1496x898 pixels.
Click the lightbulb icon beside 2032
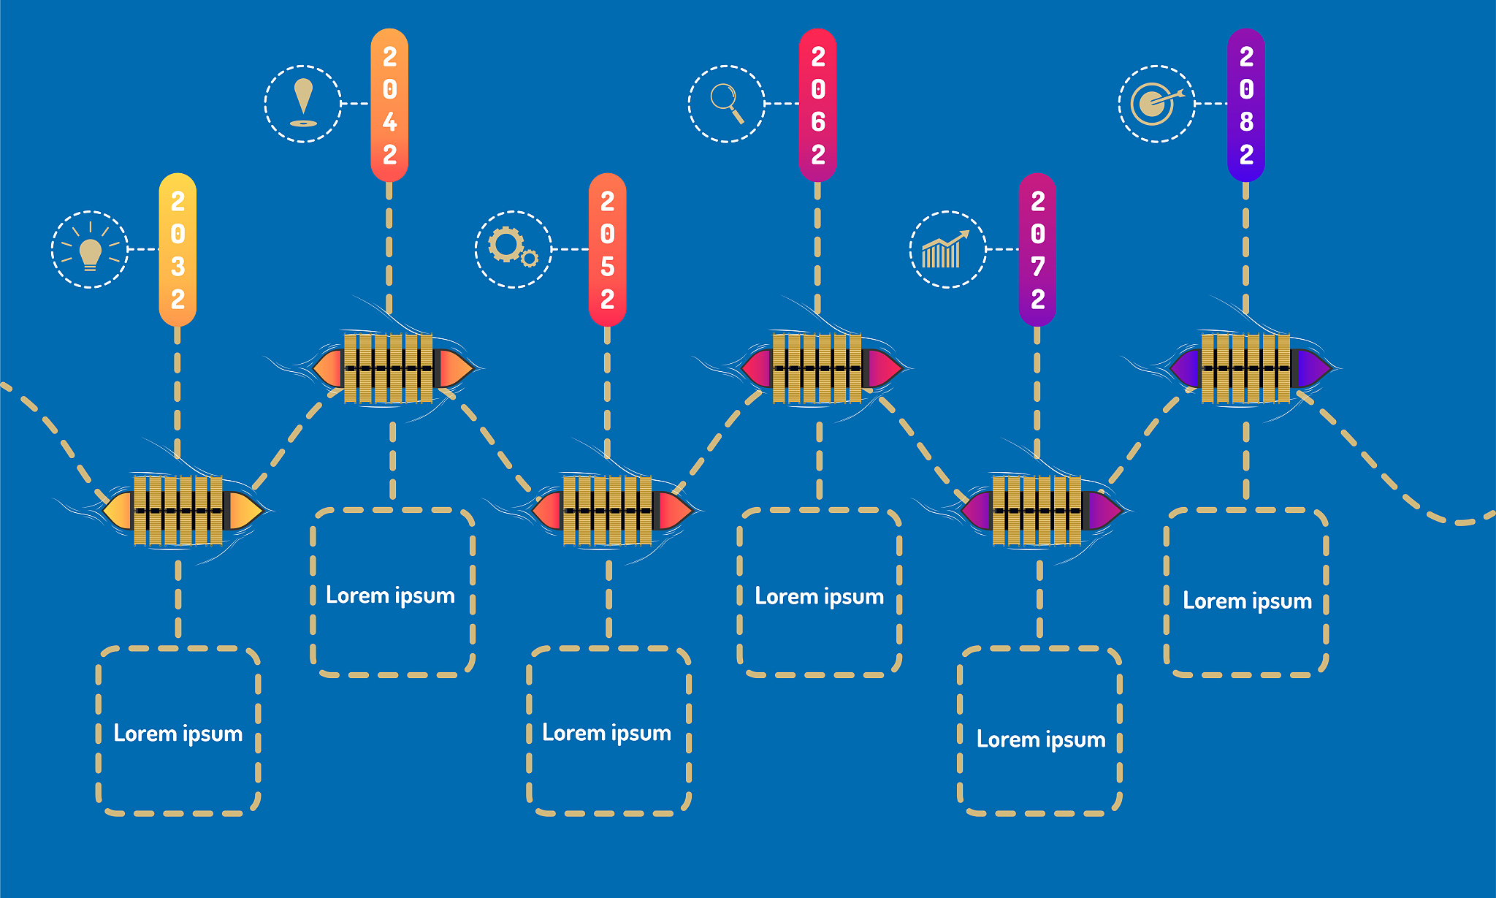pyautogui.click(x=90, y=250)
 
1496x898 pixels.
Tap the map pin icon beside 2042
pyautogui.click(x=303, y=104)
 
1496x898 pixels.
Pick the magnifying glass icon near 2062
pyautogui.click(x=727, y=103)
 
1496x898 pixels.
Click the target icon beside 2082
pyautogui.click(x=1156, y=104)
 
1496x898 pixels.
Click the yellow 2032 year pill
pyautogui.click(x=178, y=250)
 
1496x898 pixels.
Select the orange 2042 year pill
pyautogui.click(x=389, y=105)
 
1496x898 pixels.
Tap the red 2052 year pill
pyautogui.click(x=607, y=250)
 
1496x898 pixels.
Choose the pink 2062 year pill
pyautogui.click(x=817, y=105)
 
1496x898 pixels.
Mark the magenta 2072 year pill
pyautogui.click(x=1037, y=250)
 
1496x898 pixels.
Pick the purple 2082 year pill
pyautogui.click(x=1246, y=105)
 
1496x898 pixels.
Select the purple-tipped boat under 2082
pyautogui.click(x=1248, y=368)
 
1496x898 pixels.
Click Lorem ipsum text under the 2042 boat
pyautogui.click(x=390, y=596)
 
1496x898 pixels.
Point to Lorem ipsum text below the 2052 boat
pyautogui.click(x=606, y=733)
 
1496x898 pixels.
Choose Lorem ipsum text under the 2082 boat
pyautogui.click(x=1247, y=601)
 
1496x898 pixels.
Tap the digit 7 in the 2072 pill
pyautogui.click(x=1037, y=267)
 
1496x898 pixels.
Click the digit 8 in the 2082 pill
pyautogui.click(x=1246, y=122)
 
